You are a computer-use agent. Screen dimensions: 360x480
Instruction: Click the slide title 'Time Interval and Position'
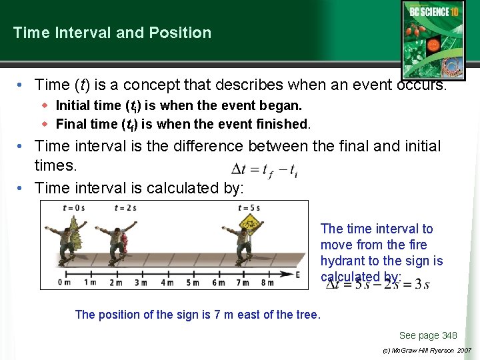coord(112,33)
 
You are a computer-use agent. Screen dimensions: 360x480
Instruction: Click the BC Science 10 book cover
coord(433,38)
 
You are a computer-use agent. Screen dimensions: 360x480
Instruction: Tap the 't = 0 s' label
coord(73,208)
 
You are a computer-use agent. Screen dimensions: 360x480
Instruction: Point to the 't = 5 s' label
coord(249,208)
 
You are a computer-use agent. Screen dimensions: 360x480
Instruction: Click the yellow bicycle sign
coord(250,224)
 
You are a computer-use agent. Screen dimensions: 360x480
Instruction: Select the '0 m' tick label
coord(65,283)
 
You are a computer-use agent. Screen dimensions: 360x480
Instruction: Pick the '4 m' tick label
coord(167,283)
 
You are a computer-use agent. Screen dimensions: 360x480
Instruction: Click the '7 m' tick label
coord(243,283)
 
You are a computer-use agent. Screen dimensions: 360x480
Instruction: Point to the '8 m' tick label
coord(267,283)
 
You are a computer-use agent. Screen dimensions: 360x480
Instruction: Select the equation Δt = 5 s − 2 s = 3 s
coord(377,285)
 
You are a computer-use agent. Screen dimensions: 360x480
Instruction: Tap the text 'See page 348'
coord(427,335)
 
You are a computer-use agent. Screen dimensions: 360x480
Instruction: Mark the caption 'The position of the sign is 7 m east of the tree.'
coord(198,315)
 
